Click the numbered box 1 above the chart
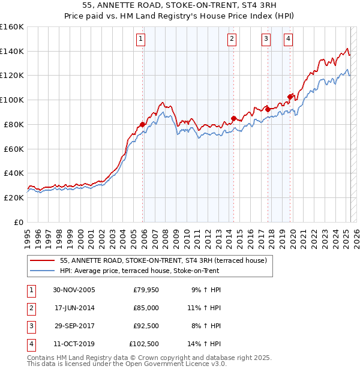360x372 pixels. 140,40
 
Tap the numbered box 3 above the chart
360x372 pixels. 265,40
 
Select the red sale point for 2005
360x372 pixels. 143,125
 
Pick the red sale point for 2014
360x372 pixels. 233,118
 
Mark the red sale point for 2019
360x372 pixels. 290,97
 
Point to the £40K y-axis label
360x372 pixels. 14,173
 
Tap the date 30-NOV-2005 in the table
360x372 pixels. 74,290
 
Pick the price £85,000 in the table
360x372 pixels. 146,308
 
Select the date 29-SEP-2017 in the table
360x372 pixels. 74,326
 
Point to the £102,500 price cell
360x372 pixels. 144,344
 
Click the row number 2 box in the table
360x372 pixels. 31,308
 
